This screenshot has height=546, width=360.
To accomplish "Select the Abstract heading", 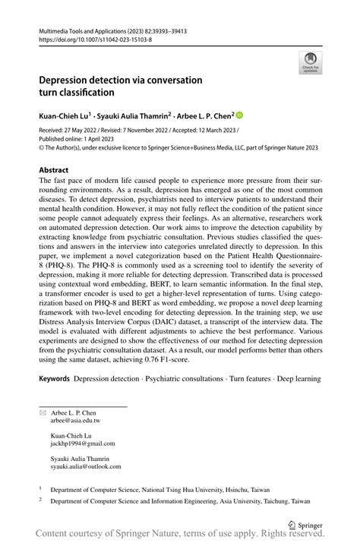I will tap(54, 170).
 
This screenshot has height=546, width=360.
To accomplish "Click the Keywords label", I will tap(55, 377).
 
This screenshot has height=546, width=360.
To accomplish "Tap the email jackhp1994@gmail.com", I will tap(83, 443).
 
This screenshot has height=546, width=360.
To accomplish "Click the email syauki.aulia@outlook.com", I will tap(86, 468).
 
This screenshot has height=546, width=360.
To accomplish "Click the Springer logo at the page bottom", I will tap(304, 524).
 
